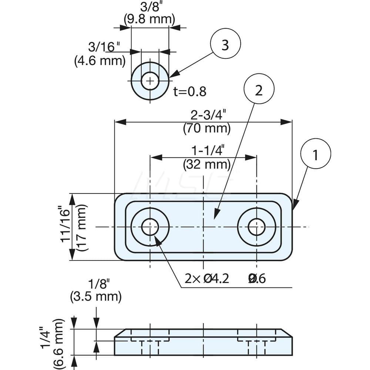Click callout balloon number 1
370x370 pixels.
coord(315,156)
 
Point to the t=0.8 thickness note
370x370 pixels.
coord(189,91)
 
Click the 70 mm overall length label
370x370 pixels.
coord(207,129)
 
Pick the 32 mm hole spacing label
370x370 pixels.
coord(207,164)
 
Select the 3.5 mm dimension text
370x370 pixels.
coord(95,296)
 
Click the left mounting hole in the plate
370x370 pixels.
coord(150,227)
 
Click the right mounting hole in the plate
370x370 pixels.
coord(256,227)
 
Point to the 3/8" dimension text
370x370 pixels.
coord(149,7)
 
